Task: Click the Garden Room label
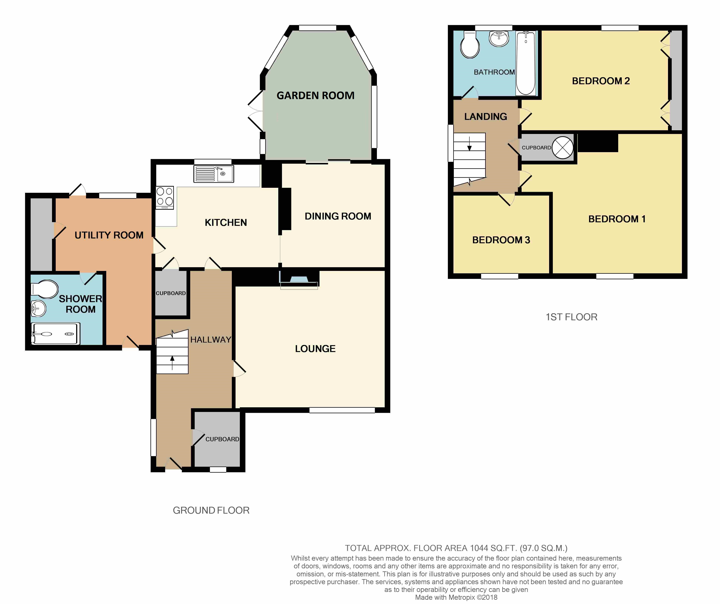point(315,96)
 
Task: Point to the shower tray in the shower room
point(56,334)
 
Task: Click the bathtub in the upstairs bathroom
point(526,63)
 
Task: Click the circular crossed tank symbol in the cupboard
point(563,148)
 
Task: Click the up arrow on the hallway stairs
point(172,363)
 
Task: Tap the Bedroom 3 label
point(501,240)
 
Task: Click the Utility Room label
point(109,235)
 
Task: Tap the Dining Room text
point(338,216)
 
